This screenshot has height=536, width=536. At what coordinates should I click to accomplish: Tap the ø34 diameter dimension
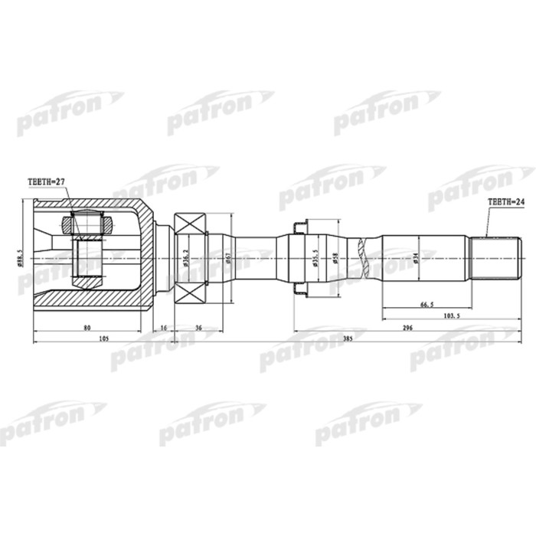[416, 258]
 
